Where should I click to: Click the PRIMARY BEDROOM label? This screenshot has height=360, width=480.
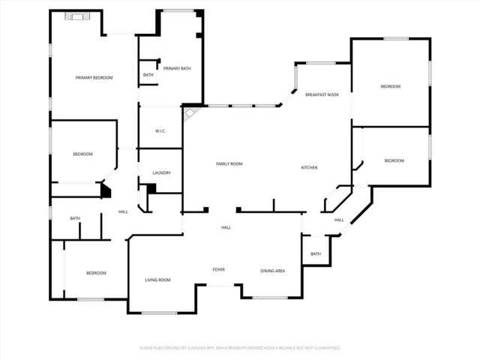coord(94,78)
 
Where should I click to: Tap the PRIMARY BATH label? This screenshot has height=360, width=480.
coord(177,68)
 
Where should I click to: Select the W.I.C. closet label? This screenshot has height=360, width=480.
coord(160,131)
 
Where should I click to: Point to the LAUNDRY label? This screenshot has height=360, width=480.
coord(161,173)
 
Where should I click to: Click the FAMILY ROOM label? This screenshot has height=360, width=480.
coord(229,163)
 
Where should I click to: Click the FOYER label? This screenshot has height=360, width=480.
coord(218,269)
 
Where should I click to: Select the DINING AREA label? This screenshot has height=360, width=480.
coord(272,271)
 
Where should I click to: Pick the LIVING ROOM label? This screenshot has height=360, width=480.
coord(157,280)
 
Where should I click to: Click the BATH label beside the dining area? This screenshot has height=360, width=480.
coord(315,253)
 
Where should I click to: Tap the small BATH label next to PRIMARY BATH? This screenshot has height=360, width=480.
coord(148,74)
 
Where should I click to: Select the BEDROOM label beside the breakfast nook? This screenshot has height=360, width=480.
coord(391,87)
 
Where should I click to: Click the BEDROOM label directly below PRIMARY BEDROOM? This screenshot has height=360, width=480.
coord(82,154)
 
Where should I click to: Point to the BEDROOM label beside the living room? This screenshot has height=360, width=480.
coord(95,273)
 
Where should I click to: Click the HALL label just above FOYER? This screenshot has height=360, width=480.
coord(225,227)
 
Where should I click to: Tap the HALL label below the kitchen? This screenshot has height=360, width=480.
coord(338,220)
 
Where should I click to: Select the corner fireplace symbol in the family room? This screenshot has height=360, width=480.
coord(190,112)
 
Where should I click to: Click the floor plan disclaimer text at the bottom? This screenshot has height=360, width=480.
coord(240,348)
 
